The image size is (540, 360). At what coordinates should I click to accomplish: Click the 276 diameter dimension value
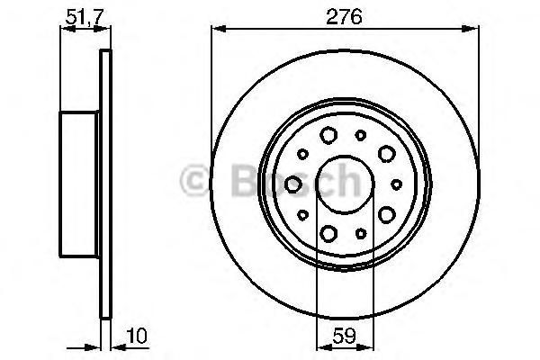tap(344, 16)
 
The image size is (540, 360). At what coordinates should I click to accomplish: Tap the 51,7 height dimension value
tap(85, 16)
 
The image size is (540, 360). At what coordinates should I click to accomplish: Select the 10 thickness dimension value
tap(137, 336)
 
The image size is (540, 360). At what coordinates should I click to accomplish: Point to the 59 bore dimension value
tap(345, 336)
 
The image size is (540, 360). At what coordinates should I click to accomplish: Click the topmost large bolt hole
tap(328, 135)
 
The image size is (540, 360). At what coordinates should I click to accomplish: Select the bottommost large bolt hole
tap(328, 233)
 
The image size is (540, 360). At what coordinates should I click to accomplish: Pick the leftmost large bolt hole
tap(293, 184)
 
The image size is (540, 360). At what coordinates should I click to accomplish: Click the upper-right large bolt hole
tap(386, 154)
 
